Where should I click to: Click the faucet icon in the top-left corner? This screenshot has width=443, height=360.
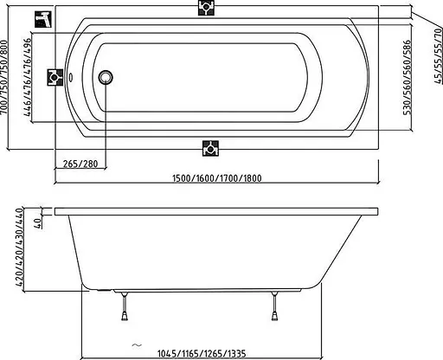[43, 19]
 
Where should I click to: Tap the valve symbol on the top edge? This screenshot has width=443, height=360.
[206, 7]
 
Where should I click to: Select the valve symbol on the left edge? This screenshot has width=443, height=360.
[55, 77]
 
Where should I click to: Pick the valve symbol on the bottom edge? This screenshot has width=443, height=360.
[210, 148]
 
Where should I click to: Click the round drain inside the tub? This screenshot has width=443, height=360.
[106, 77]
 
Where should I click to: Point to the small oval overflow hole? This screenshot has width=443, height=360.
[71, 77]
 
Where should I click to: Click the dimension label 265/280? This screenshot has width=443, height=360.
[80, 164]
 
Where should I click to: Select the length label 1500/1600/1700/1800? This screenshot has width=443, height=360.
[217, 178]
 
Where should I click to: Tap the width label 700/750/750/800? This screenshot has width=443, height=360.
[4, 77]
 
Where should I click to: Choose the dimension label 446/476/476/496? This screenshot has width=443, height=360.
[28, 77]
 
